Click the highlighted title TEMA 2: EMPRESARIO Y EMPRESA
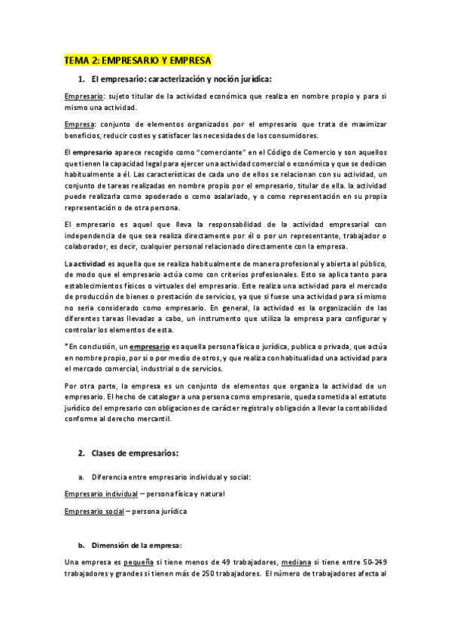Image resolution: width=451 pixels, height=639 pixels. coord(138,60)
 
